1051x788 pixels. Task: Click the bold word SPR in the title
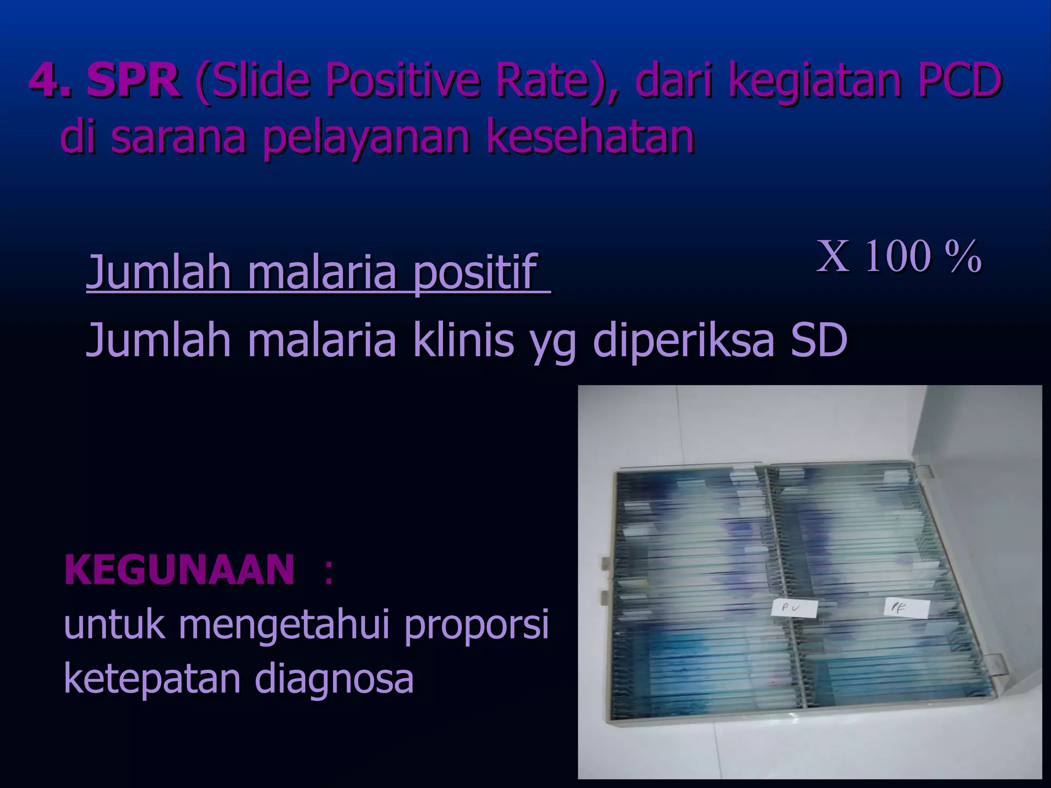133,81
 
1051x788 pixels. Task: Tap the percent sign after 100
965,257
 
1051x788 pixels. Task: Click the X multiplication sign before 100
832,256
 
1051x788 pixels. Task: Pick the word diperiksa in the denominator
683,341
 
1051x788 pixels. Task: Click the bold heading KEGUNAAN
180,570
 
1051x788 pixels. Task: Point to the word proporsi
477,625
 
